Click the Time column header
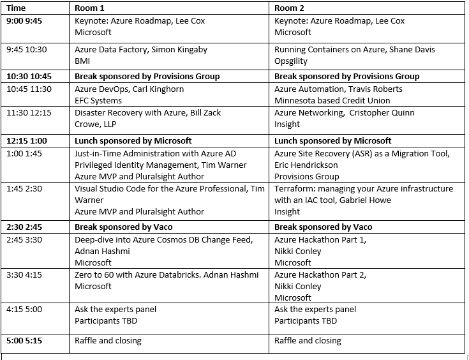coord(17,8)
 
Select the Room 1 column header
coord(91,8)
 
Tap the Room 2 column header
coord(290,8)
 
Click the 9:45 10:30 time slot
coord(26,49)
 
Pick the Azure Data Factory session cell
coord(141,55)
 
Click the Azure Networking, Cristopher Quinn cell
coord(345,118)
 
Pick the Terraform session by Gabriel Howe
coord(364,200)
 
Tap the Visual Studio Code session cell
coord(170,200)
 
